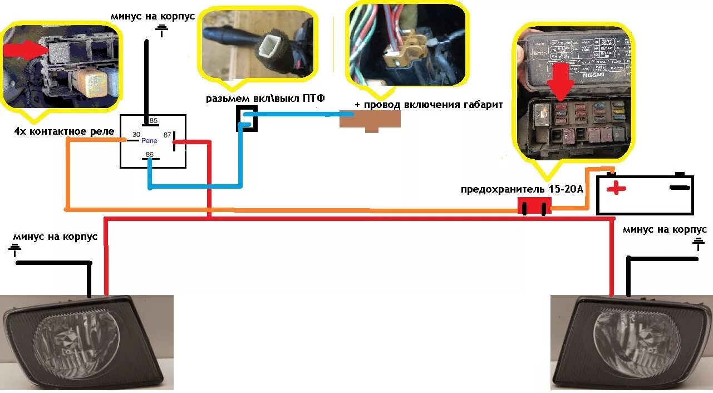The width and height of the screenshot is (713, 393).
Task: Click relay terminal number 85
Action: coord(154,121)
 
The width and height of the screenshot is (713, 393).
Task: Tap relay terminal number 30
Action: coord(135,135)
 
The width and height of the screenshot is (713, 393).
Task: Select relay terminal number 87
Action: coord(166,135)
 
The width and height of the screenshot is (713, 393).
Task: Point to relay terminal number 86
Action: coord(149,154)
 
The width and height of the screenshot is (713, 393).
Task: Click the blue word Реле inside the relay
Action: coord(149,141)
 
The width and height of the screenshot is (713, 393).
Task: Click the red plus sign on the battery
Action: coord(616,188)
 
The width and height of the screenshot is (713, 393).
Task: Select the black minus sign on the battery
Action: coord(679,188)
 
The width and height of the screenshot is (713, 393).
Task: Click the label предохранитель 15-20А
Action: coord(522,189)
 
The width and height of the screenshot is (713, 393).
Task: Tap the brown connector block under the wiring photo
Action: coord(370,120)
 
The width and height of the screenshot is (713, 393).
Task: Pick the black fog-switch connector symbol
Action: coord(245,117)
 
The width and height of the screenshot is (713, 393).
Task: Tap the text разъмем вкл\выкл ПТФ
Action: coord(265,99)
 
